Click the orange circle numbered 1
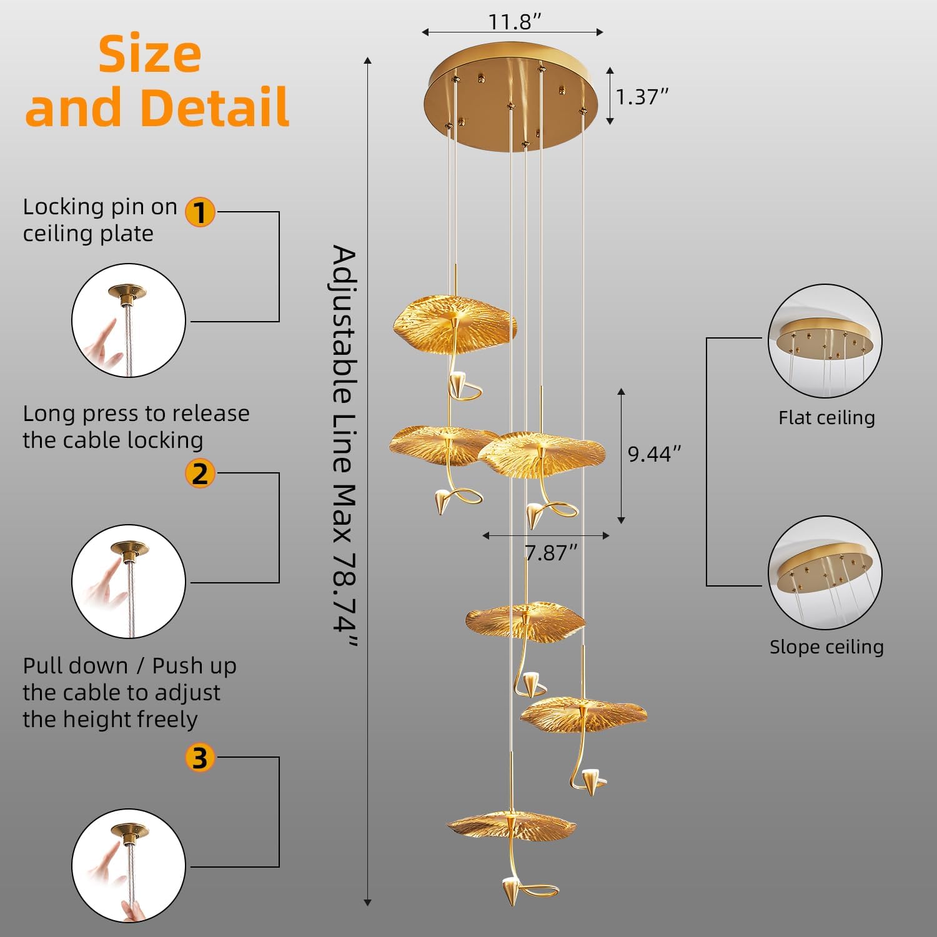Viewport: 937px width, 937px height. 200,212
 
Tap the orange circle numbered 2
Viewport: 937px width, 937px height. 200,473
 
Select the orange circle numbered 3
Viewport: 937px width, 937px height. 200,758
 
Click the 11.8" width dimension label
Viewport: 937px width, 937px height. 514,22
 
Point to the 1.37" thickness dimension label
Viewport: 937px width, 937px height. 642,97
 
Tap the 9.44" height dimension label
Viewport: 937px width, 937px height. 654,454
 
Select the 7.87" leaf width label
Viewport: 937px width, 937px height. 550,553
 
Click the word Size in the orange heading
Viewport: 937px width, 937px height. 150,55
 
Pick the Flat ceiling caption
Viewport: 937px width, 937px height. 826,417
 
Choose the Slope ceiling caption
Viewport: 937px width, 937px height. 826,647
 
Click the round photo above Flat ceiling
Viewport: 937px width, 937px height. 825,340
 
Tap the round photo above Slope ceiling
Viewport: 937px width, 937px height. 825,572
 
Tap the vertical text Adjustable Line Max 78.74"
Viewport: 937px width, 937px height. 344,447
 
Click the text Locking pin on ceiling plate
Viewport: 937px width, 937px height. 100,220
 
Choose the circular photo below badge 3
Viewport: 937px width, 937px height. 129,866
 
